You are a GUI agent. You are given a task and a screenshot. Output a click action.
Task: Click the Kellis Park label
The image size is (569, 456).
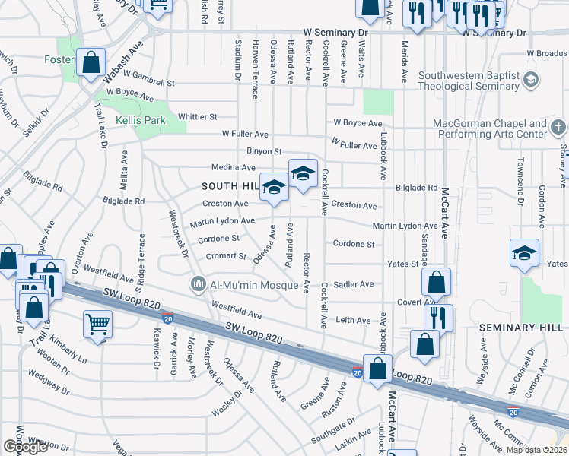click(x=141, y=120)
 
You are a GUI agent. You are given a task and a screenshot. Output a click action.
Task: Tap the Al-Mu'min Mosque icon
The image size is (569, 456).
click(x=198, y=284)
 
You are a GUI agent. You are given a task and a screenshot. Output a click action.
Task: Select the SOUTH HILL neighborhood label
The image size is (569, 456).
click(x=230, y=186)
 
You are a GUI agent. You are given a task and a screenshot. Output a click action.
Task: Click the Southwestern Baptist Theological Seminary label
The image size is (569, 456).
click(x=468, y=81)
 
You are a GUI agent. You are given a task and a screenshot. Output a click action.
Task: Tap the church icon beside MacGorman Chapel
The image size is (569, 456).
click(x=558, y=128)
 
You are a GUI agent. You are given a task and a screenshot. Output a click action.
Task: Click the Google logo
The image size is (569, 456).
click(x=25, y=447)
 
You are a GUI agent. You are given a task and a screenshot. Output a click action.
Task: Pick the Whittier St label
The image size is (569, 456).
click(x=198, y=117)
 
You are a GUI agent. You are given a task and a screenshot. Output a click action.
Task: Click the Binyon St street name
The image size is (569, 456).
click(x=264, y=151)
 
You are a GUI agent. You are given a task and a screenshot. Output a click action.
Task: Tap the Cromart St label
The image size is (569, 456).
click(x=226, y=256)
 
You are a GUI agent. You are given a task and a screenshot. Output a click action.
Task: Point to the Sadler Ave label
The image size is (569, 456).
click(x=354, y=284)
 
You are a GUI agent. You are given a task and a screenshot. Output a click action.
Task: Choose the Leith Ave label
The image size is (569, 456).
click(x=353, y=320)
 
